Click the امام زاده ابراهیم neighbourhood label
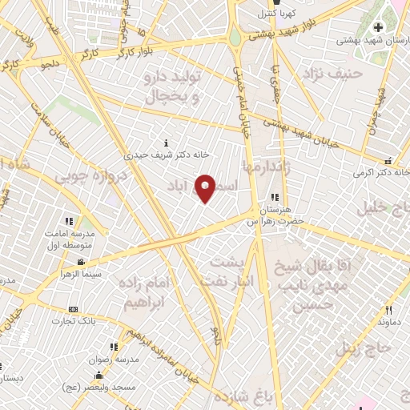pos(148,292)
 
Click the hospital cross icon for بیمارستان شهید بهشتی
pos(378,28)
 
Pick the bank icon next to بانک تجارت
pos(74,309)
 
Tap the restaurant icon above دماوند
pos(388,310)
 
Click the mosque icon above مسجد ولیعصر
pos(98,376)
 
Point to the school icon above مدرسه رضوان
pos(114,347)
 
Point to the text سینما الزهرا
pos(80,274)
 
